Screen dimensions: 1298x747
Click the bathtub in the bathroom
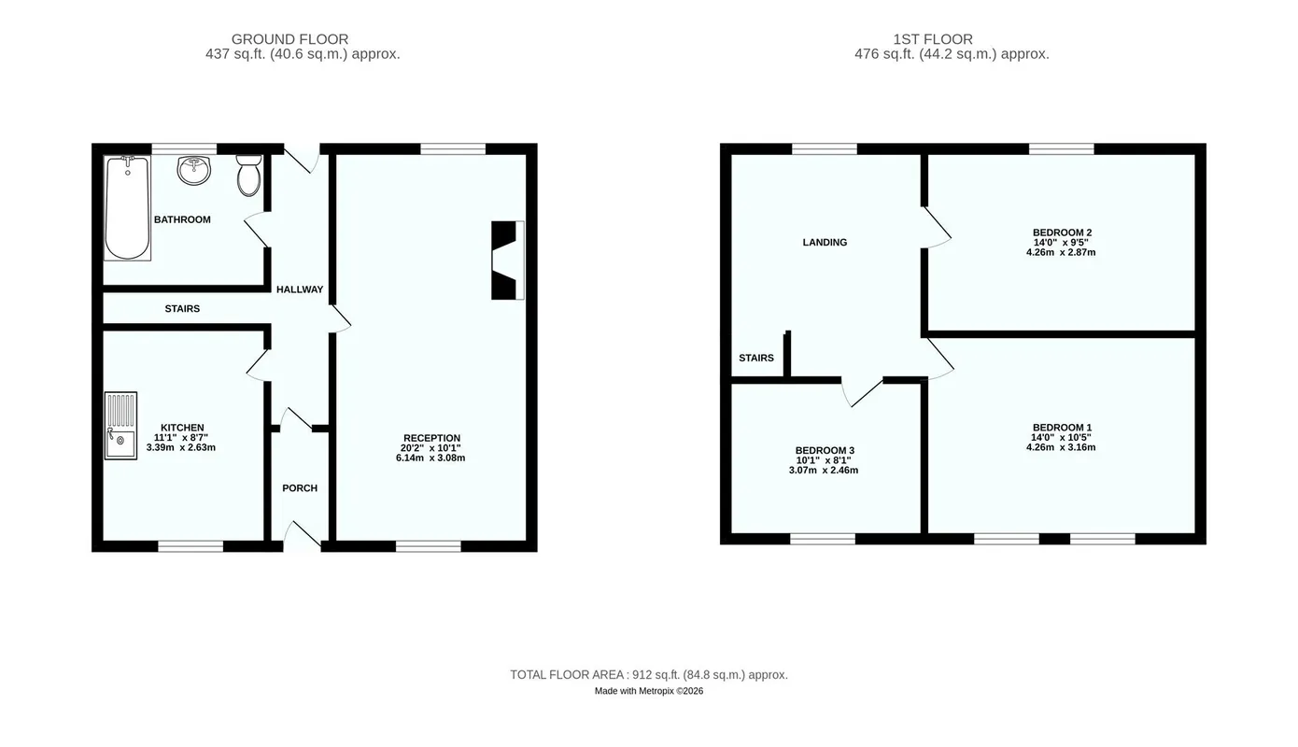(x=128, y=207)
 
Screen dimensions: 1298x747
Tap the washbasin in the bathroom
(x=193, y=169)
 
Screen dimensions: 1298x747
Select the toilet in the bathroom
(x=249, y=175)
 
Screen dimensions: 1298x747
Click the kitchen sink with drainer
(x=120, y=426)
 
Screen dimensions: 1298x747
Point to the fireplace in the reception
(x=508, y=261)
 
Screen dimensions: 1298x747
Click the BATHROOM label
(x=182, y=219)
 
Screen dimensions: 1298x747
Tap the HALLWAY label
(x=300, y=289)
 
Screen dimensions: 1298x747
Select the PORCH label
(x=300, y=488)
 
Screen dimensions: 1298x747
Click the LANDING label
(x=825, y=242)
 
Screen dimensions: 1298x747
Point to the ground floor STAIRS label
(x=182, y=309)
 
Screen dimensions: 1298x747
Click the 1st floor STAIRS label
(x=756, y=358)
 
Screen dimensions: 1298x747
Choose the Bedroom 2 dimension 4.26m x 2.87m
(x=1061, y=252)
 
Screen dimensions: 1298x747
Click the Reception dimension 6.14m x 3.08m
(x=430, y=458)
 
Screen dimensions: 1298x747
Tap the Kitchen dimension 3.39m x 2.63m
(x=181, y=447)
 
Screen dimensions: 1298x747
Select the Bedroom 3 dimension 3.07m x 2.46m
(x=824, y=470)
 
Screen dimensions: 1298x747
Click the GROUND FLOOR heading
(x=289, y=39)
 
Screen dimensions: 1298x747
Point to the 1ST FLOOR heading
(x=932, y=39)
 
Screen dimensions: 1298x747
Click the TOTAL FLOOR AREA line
(x=649, y=674)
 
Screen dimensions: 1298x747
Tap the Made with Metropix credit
(x=649, y=691)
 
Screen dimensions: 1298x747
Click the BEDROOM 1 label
(x=1062, y=428)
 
